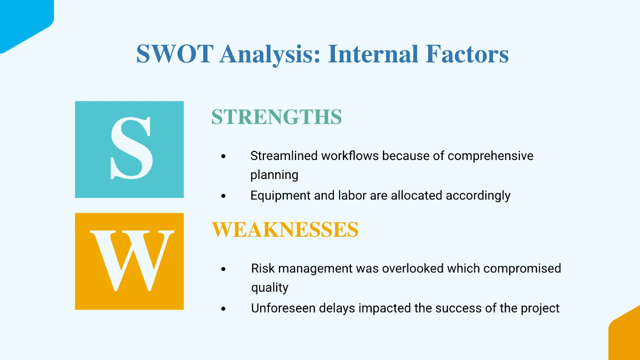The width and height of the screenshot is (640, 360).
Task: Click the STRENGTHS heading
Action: click(276, 117)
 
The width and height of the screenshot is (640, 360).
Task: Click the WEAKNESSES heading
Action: click(285, 230)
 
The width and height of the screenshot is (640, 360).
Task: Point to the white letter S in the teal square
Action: click(131, 149)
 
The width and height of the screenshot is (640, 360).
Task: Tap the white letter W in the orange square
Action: click(131, 261)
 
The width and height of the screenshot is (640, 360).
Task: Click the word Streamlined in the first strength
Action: click(284, 156)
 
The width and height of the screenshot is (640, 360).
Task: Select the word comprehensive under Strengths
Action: click(490, 156)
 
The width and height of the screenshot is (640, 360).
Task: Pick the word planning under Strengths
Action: click(274, 175)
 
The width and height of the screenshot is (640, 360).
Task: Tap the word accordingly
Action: click(478, 195)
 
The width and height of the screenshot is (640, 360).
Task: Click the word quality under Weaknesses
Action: click(269, 287)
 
